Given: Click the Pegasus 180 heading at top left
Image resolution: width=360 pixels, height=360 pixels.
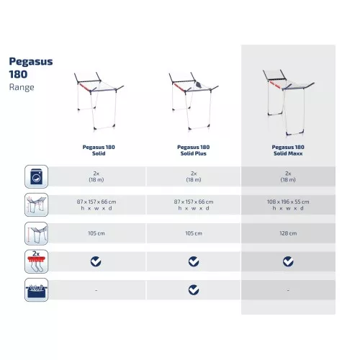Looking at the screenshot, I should coord(30,68).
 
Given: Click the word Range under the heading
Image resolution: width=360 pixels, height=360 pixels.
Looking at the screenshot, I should coord(21,88).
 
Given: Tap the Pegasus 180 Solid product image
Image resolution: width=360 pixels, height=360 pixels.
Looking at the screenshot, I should coord(96,100).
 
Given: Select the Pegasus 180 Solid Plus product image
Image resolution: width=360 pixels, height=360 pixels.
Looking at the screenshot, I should coord(192,100).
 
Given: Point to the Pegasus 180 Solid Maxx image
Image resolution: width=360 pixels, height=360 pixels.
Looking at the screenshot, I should coord(288,100).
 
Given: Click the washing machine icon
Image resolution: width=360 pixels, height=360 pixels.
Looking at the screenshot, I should coord(36,176).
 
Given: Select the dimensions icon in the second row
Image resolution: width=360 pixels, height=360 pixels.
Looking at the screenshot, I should coord(36,204).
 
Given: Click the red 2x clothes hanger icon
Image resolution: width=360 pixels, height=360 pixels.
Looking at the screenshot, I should coord(36,261).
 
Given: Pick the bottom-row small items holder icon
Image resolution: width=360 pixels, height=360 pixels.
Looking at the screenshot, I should coord(36,289).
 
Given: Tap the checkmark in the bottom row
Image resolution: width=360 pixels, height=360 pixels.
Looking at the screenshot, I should coord(193,289).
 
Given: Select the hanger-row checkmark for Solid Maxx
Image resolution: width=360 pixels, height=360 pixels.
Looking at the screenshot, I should coord(288,261).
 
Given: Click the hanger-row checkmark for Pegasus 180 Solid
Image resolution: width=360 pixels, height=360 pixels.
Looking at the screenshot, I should coord(96,261).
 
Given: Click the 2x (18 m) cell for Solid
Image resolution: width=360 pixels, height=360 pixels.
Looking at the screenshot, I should coord(96,176).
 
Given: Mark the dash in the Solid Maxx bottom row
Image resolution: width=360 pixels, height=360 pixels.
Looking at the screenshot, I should coord(288,290).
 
